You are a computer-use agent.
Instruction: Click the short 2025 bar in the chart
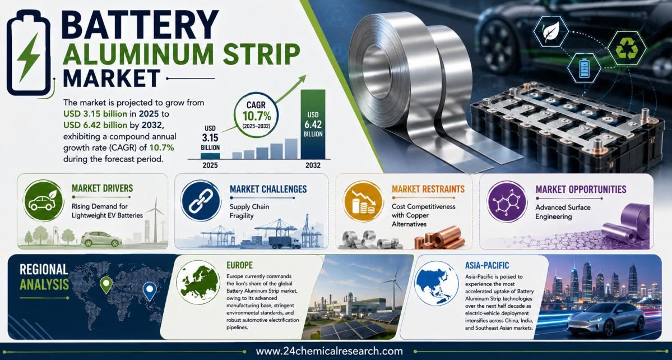coord(210,155)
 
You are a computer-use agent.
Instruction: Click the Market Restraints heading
coord(428,189)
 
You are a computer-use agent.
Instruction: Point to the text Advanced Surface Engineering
coord(562,212)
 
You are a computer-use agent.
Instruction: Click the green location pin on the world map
coord(105,284)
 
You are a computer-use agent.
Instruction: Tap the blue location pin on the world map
coord(149,290)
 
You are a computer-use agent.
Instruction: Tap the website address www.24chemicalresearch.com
coord(329,352)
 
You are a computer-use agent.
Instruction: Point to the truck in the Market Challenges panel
coord(285,243)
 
